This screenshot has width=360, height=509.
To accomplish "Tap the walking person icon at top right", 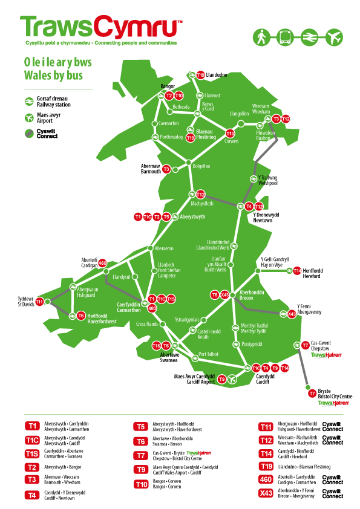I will [261, 36].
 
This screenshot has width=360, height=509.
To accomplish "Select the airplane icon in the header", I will [333, 36].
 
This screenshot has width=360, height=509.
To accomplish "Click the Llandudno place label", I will [217, 75].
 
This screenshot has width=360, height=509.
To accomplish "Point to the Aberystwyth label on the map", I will [192, 216].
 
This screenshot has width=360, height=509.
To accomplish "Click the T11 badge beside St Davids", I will [40, 302].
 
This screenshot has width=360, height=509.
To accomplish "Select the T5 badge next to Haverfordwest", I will [80, 315].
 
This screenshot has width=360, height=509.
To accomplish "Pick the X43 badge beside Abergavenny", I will [292, 314].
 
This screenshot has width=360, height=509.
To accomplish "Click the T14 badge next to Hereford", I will [297, 271].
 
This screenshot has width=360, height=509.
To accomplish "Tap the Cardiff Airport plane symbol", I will [232, 379].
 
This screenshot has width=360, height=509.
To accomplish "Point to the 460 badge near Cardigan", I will [102, 263].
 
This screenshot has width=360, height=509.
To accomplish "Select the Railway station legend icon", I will [28, 102].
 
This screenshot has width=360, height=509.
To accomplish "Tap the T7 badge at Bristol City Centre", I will [312, 393].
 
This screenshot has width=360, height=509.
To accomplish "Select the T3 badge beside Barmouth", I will [166, 169].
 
